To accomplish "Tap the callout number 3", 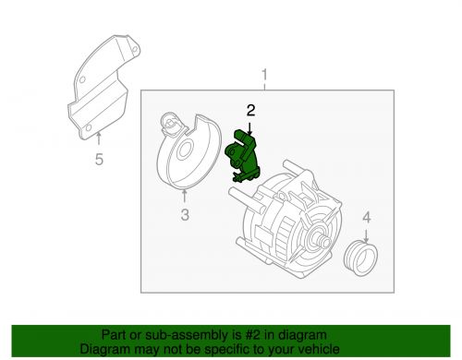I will point(184,216).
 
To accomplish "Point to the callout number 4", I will point(366,217).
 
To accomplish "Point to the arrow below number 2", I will point(249,126).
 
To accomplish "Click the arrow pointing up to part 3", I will point(184,196).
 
